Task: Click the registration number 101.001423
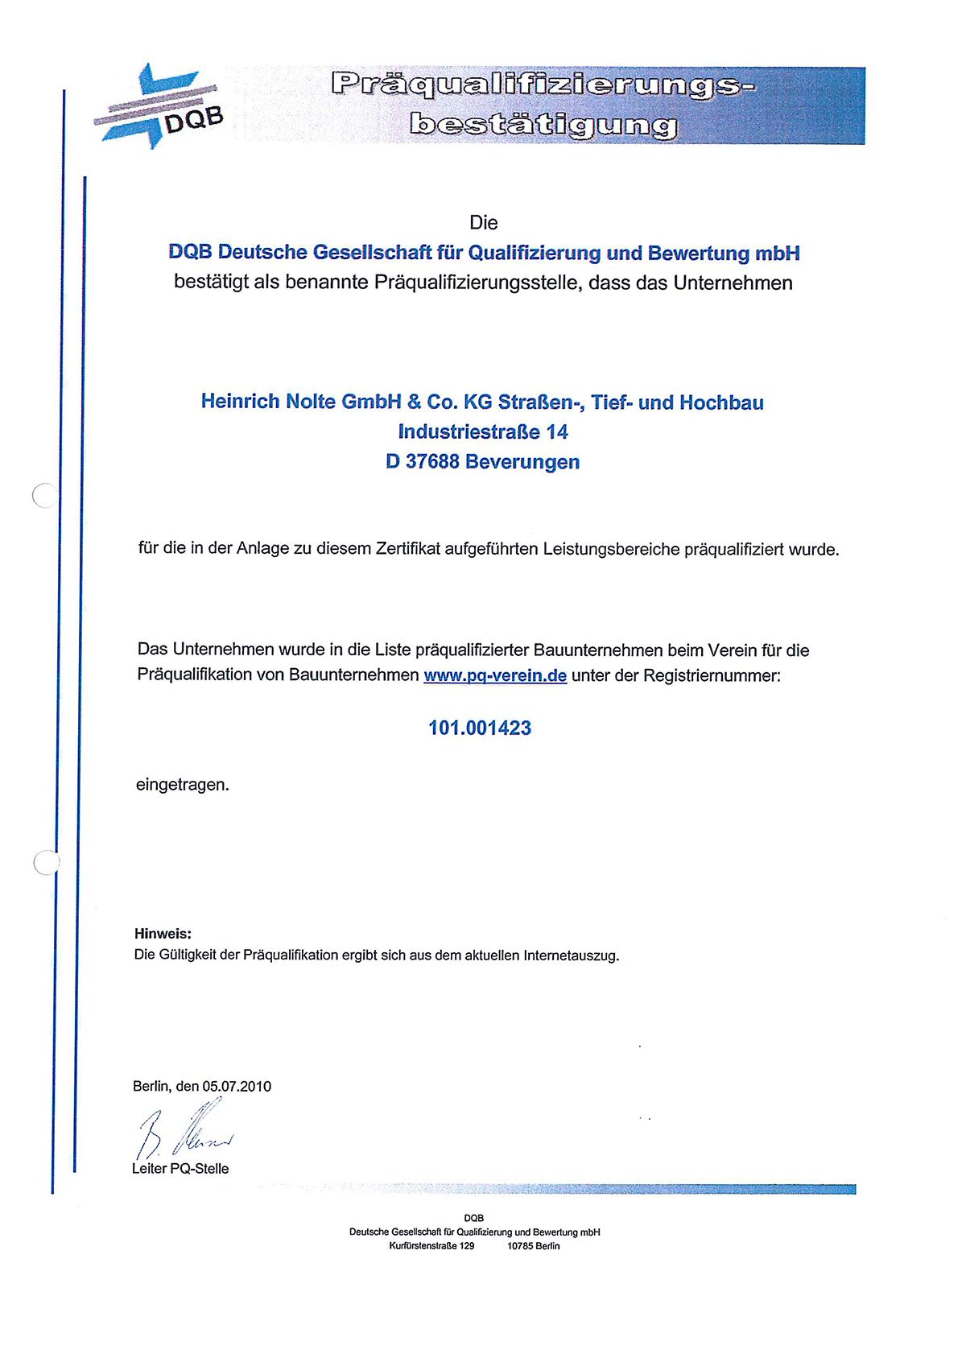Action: (x=480, y=728)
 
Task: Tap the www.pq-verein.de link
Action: (x=495, y=675)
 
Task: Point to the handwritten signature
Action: (x=185, y=1133)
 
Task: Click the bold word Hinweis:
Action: (x=163, y=934)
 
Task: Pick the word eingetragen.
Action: (x=183, y=784)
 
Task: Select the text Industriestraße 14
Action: (x=483, y=432)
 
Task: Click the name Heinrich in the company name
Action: (x=240, y=401)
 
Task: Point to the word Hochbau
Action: (x=721, y=402)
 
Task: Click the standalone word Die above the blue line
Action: (x=484, y=222)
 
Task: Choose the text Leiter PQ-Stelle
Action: (x=180, y=1168)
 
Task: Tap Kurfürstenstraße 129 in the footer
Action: (x=431, y=1245)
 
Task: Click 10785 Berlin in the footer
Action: (x=533, y=1245)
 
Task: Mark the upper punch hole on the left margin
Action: (x=45, y=495)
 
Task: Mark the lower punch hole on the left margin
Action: (x=47, y=862)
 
